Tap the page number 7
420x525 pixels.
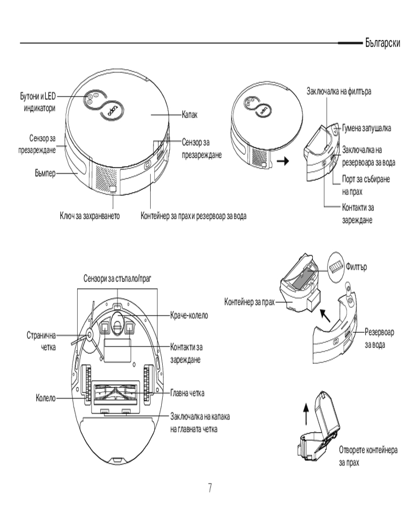[210, 488]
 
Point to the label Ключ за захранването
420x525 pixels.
[90, 216]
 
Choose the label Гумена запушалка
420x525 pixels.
[367, 127]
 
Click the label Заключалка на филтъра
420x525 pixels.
[339, 91]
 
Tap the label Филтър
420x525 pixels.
[356, 267]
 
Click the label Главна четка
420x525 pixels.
[187, 393]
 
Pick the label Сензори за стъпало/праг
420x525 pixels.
[117, 277]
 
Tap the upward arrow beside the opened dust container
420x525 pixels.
[306, 413]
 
